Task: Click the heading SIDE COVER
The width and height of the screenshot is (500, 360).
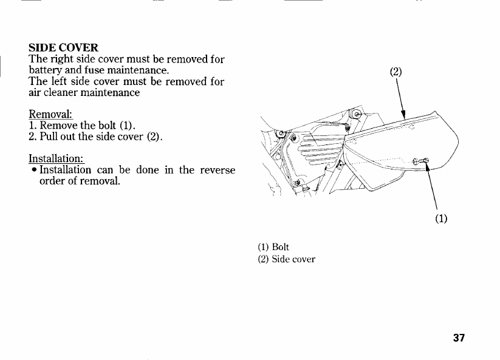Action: click(x=64, y=47)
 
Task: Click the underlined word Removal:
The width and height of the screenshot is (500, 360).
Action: click(x=51, y=115)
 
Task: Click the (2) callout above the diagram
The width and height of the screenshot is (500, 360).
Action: click(x=396, y=72)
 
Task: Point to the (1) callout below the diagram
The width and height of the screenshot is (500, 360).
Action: click(x=441, y=219)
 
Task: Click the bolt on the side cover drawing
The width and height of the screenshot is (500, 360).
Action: click(x=422, y=160)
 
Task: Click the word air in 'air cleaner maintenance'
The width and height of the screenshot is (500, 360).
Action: click(x=36, y=93)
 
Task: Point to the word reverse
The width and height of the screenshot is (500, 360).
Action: click(x=217, y=171)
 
